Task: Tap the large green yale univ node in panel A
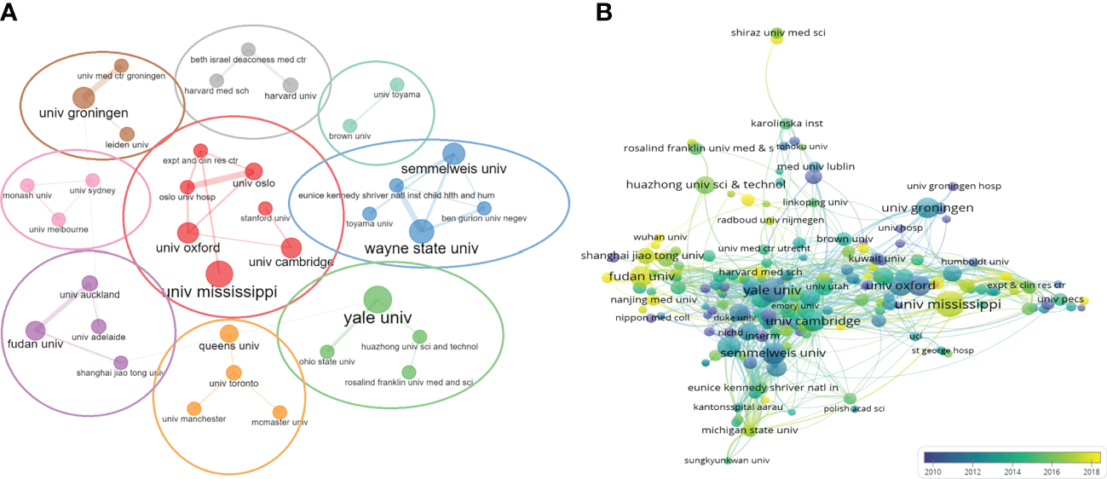377,299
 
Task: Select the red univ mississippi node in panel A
219,274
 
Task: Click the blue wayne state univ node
421,231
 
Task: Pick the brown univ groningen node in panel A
83,97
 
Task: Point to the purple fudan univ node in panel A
35,330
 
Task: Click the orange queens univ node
228,332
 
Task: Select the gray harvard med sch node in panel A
217,80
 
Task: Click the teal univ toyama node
397,84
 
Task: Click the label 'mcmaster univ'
279,422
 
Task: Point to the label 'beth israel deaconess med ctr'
247,61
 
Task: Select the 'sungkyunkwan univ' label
727,460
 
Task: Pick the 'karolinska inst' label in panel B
786,124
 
